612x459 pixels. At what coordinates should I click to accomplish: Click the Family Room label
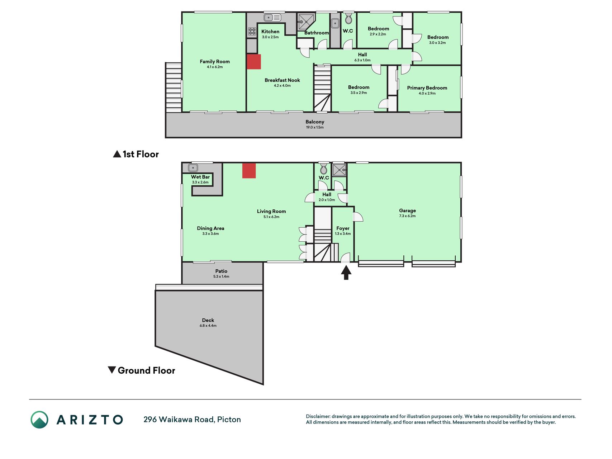tap(215, 62)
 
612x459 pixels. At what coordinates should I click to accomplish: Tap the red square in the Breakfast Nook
tap(254, 62)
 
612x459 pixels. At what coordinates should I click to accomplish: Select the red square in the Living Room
tap(249, 171)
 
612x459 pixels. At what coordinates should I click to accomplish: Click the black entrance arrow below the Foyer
tap(346, 273)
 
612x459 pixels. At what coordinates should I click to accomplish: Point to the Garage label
tap(408, 211)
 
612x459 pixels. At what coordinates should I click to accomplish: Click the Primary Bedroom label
tap(427, 88)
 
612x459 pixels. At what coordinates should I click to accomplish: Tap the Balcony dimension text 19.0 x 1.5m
tap(315, 127)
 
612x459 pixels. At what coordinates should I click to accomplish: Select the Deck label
tap(208, 320)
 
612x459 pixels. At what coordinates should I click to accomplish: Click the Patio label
tap(221, 271)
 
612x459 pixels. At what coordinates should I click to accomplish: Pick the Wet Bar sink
tap(193, 168)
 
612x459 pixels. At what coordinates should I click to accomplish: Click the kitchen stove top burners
tap(252, 32)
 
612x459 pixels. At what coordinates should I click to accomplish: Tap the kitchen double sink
tap(272, 17)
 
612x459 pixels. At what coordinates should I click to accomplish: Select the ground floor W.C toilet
tap(323, 168)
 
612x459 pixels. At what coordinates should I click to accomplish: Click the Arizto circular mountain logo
tap(39, 420)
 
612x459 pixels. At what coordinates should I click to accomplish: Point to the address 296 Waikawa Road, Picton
tap(192, 420)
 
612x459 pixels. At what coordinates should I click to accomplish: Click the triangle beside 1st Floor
tap(117, 154)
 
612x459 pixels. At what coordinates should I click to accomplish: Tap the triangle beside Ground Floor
tap(112, 370)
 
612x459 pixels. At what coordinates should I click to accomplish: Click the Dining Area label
tap(210, 228)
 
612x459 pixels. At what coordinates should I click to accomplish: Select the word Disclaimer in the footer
tap(318, 416)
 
